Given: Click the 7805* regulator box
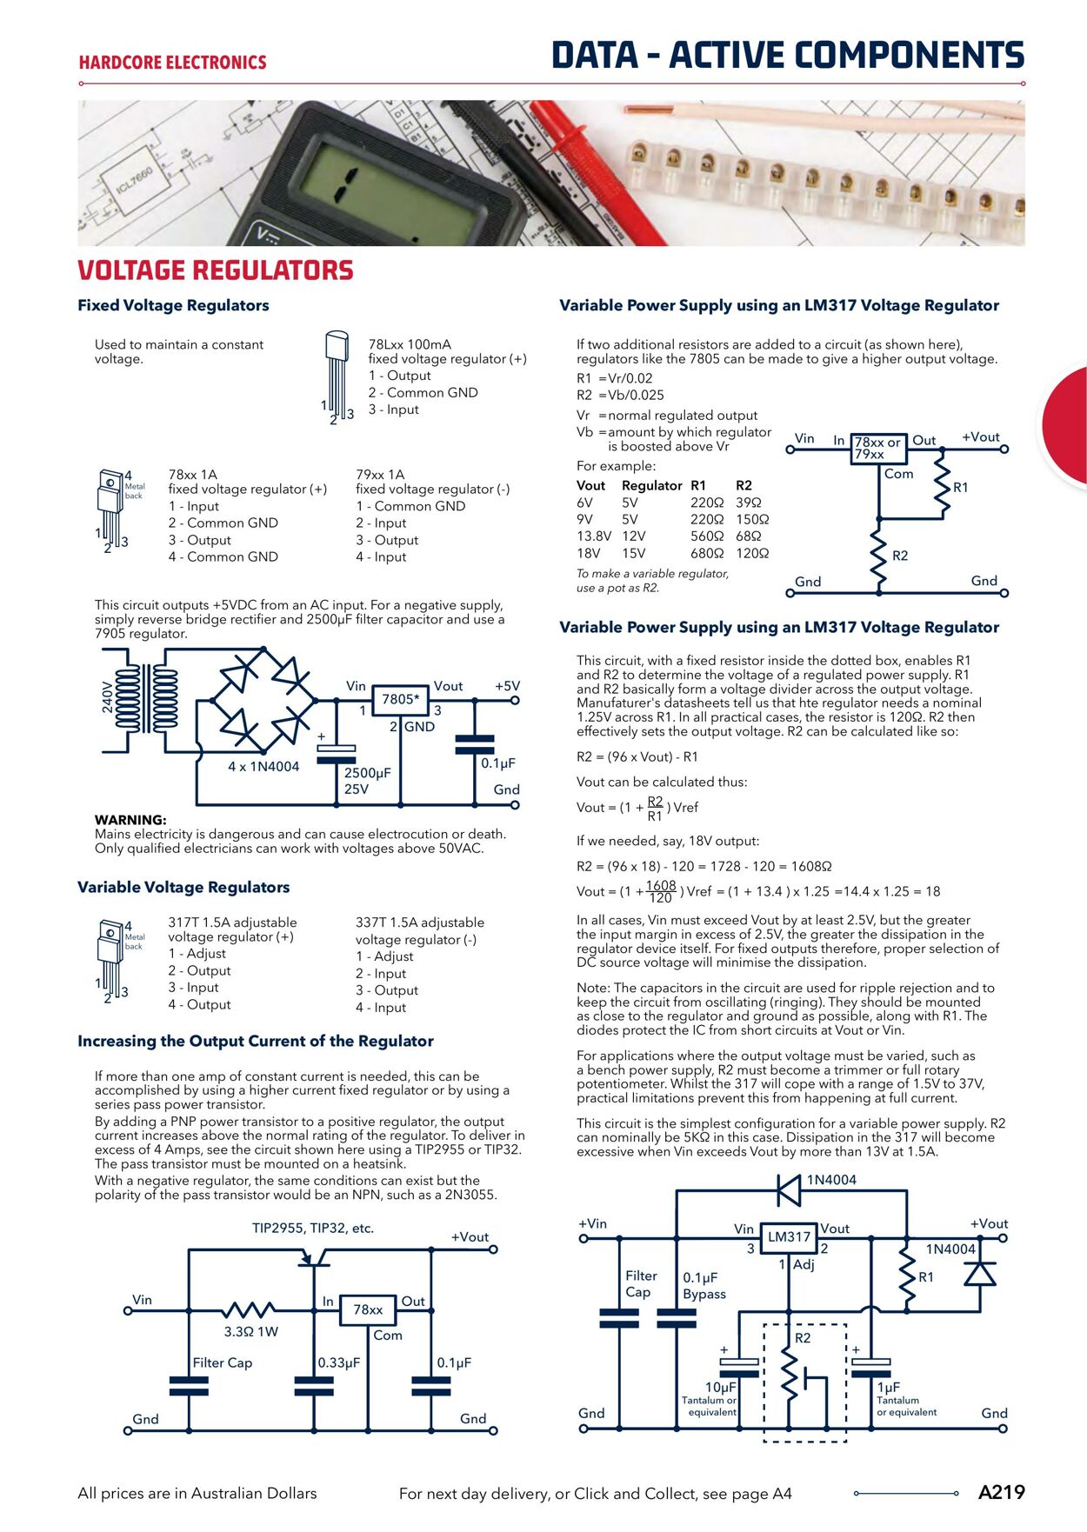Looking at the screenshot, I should click(x=400, y=699).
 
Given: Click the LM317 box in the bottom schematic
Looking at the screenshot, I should click(x=789, y=1236).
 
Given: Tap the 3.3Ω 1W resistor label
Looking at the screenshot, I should click(x=250, y=1331).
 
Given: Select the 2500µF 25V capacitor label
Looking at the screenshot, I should click(x=367, y=781).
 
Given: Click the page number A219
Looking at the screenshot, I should click(x=1001, y=1492).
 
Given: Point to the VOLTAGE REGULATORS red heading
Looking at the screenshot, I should click(x=216, y=270).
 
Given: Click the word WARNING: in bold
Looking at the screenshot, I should click(x=130, y=820).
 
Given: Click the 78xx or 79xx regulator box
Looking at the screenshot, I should click(x=877, y=448).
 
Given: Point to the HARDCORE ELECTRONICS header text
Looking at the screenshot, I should click(x=172, y=63).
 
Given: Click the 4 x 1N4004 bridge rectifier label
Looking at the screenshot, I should click(x=263, y=767).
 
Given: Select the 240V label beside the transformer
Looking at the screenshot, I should click(x=108, y=696).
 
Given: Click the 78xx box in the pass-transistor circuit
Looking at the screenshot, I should click(x=367, y=1309).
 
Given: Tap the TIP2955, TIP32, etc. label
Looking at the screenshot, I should click(x=312, y=1229).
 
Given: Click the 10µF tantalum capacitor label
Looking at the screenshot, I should click(x=720, y=1388).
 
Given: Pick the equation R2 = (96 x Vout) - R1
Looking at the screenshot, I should click(x=637, y=756).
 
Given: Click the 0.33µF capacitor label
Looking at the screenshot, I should click(x=338, y=1362).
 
